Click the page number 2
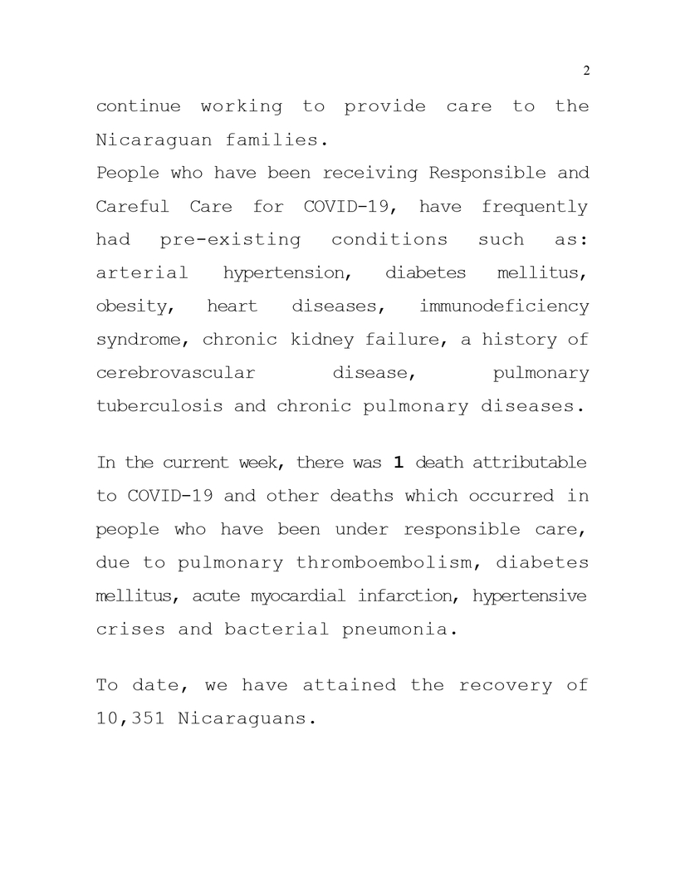[x=586, y=71]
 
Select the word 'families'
[x=272, y=140]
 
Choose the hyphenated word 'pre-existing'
[x=229, y=240]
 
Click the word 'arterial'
[x=142, y=273]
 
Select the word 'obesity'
[x=135, y=307]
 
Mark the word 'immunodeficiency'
[x=504, y=306]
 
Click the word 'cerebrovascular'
[x=175, y=373]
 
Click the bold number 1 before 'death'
[x=398, y=462]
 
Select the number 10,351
[x=132, y=719]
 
